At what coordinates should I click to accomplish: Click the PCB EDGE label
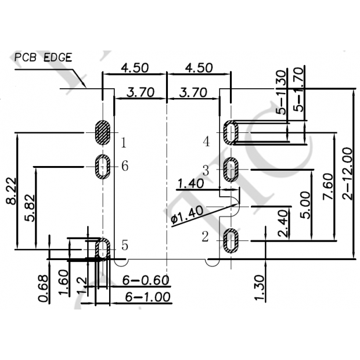[x=44, y=57]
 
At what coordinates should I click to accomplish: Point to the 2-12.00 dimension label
[x=347, y=174]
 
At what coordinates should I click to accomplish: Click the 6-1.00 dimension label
[x=147, y=297]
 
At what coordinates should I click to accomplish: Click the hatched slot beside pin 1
[x=103, y=132]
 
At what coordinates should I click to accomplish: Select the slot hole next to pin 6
[x=103, y=167]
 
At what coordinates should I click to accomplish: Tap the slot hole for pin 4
[x=231, y=132]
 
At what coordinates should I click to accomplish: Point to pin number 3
[x=205, y=170]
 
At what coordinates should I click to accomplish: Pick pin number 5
[x=124, y=245]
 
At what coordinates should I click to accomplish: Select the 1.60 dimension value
[x=65, y=283]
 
